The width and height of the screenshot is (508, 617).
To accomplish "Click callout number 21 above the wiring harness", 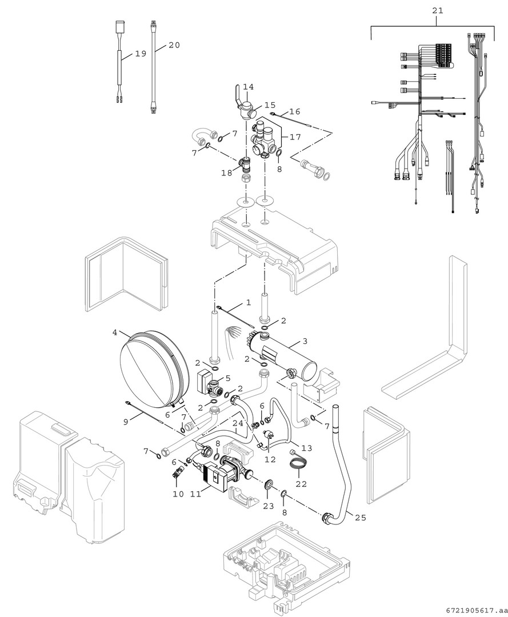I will pos(437,10).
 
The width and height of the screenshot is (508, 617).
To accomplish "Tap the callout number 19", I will pos(141,54).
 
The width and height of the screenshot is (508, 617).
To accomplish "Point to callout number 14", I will pos(248,87).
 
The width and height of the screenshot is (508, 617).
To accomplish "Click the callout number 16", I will pos(294,111).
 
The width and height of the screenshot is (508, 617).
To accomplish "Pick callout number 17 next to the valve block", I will pos(295,137).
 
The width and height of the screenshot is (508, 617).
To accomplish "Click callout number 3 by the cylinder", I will pos(305,341).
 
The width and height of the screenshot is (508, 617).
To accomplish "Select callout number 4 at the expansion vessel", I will pos(115,332).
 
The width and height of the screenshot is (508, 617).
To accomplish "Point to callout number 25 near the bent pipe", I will pos(360,518).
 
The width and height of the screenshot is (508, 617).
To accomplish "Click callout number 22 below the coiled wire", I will pos(301,483).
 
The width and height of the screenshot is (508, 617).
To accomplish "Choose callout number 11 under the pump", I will pos(195,494).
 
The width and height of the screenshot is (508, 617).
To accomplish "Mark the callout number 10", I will pos(178,494).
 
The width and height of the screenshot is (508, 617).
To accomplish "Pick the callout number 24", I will pos(238,423).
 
